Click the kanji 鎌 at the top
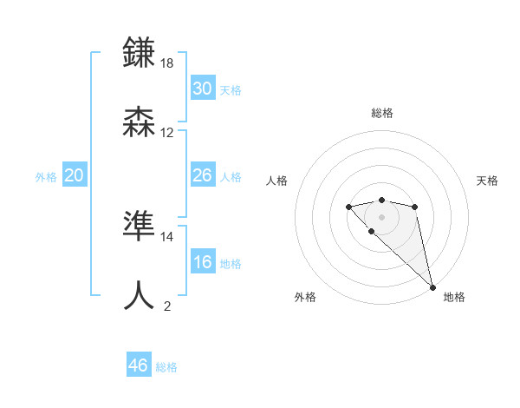140,53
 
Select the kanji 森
140,122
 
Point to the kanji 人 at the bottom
140,296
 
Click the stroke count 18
168,63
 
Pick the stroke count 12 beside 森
167,133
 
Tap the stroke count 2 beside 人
167,306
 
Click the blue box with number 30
203,88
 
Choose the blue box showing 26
203,175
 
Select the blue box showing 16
203,262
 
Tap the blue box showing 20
75,175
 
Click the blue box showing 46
139,365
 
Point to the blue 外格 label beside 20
46,177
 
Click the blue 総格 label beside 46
166,367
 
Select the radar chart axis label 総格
382,113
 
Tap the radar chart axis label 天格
487,181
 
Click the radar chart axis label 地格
454,297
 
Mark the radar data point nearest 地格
432,286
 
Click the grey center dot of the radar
381,216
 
